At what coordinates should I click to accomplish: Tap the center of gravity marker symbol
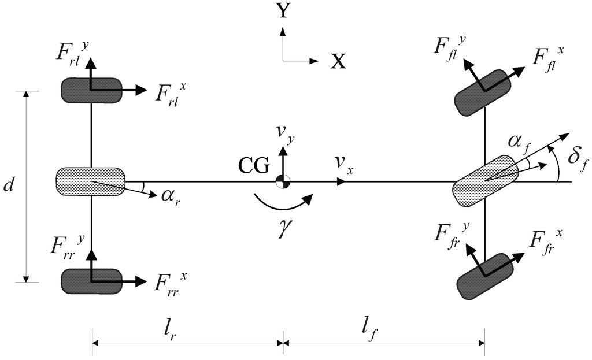coord(283,181)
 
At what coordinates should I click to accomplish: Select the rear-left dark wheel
coord(91,90)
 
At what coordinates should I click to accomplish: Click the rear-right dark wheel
coord(91,281)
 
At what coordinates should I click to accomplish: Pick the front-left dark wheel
coord(483,91)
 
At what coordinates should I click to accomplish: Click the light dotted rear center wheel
coord(90,181)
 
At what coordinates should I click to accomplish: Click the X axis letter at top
coord(338,61)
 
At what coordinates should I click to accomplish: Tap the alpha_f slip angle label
coord(519,142)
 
